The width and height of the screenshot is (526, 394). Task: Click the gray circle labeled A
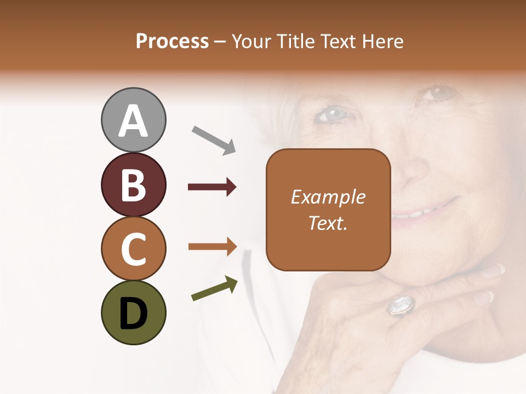tap(133, 120)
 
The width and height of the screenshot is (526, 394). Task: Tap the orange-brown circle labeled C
tap(133, 248)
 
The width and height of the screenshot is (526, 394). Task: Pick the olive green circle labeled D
tap(133, 312)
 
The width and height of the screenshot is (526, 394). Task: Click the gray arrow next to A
tap(214, 139)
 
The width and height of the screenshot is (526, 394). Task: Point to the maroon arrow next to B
tap(212, 187)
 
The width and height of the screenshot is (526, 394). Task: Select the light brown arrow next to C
tap(212, 247)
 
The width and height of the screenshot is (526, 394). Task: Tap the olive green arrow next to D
tap(214, 288)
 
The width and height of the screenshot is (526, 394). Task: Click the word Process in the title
tap(172, 41)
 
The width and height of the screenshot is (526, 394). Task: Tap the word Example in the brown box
tap(328, 197)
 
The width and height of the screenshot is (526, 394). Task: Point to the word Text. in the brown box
tap(328, 223)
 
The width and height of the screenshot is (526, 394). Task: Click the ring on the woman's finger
tap(401, 305)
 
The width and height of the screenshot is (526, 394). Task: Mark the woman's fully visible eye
tap(332, 114)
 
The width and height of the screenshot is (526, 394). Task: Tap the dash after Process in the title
tap(220, 42)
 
